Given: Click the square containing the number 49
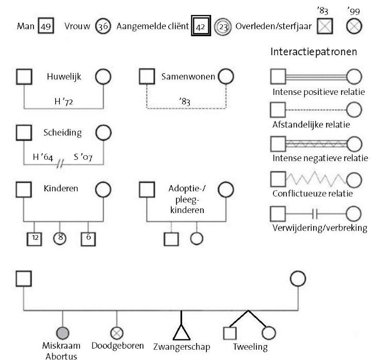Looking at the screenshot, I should (x=46, y=25).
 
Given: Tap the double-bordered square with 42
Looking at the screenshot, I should (x=201, y=25).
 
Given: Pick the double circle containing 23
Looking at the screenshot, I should (x=223, y=25).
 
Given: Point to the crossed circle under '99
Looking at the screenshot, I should (x=354, y=25).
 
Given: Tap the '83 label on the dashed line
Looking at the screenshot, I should (x=186, y=102).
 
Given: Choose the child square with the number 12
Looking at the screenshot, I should (x=35, y=238).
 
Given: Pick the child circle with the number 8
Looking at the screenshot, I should (x=61, y=238).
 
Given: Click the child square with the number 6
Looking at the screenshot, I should (x=88, y=238).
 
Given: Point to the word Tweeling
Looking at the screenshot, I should (x=250, y=347).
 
